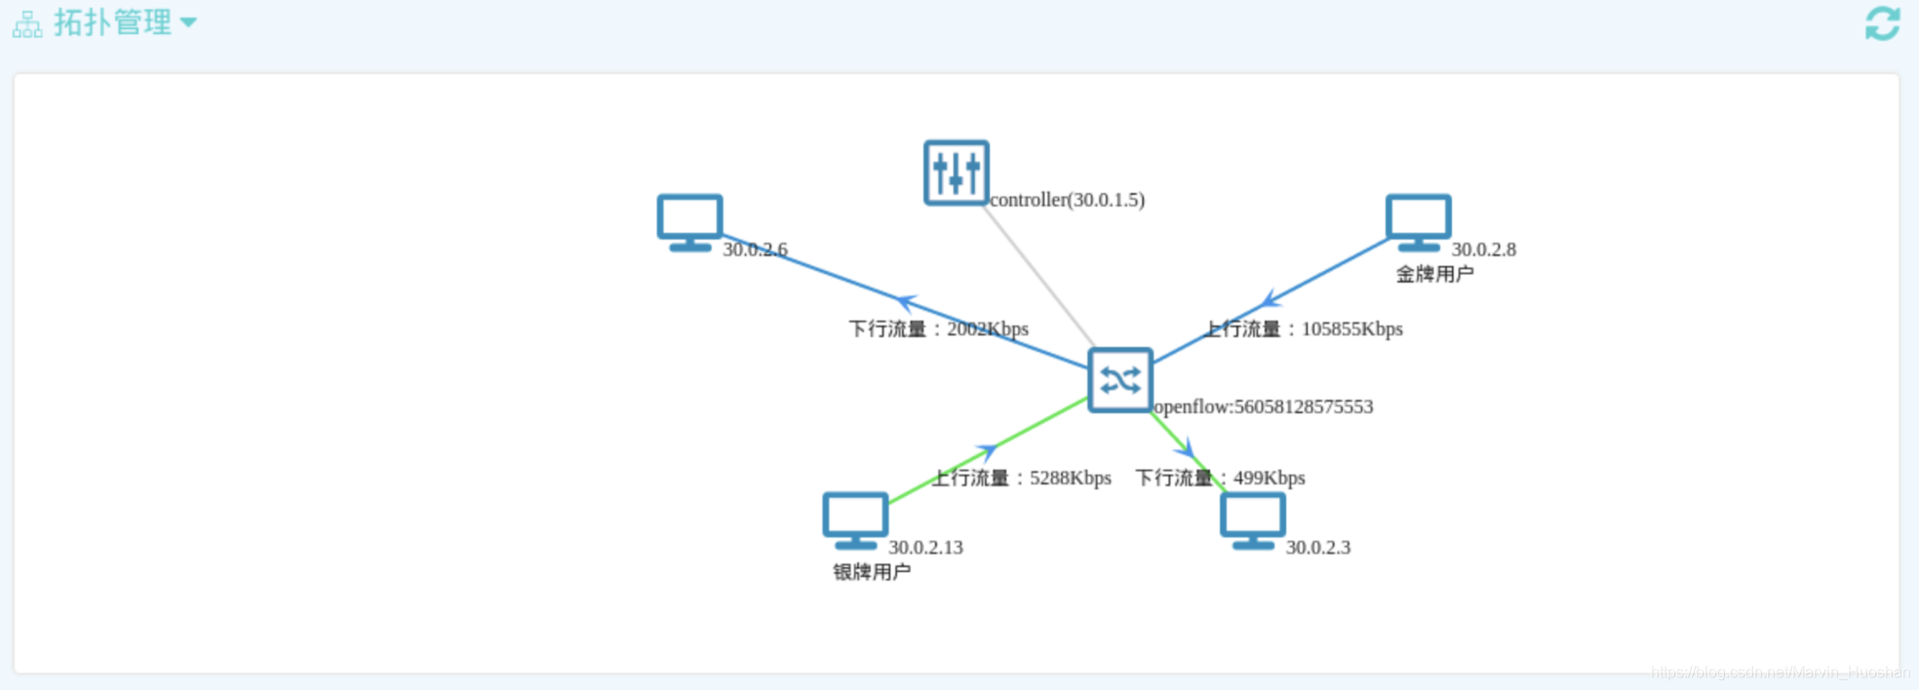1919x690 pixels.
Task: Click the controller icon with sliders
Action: pyautogui.click(x=956, y=172)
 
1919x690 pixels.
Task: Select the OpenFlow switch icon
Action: pyautogui.click(x=1119, y=380)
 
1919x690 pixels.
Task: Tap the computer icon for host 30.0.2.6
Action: pyautogui.click(x=689, y=221)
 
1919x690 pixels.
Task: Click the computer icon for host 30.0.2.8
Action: pyautogui.click(x=1418, y=221)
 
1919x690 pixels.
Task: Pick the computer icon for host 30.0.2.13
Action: pyautogui.click(x=855, y=519)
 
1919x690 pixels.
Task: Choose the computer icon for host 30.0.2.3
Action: pyautogui.click(x=1252, y=519)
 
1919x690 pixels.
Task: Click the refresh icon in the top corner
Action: pyautogui.click(x=1882, y=23)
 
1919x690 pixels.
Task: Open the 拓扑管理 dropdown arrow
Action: pyautogui.click(x=188, y=22)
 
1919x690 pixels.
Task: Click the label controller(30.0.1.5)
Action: pyautogui.click(x=1067, y=200)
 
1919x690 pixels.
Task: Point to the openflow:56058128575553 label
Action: pyautogui.click(x=1264, y=406)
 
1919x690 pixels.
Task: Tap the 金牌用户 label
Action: pyautogui.click(x=1434, y=275)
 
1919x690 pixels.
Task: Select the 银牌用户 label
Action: pyautogui.click(x=872, y=572)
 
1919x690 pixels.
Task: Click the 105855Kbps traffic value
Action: pyautogui.click(x=1351, y=329)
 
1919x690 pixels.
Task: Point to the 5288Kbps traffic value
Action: pyautogui.click(x=1071, y=479)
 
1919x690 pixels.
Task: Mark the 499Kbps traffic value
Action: pyautogui.click(x=1269, y=479)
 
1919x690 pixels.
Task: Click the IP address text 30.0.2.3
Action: pyautogui.click(x=1317, y=548)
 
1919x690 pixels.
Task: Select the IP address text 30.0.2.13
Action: pyautogui.click(x=925, y=548)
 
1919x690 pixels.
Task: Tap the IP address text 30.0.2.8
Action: pyautogui.click(x=1483, y=249)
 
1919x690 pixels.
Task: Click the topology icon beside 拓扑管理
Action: pyautogui.click(x=27, y=24)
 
